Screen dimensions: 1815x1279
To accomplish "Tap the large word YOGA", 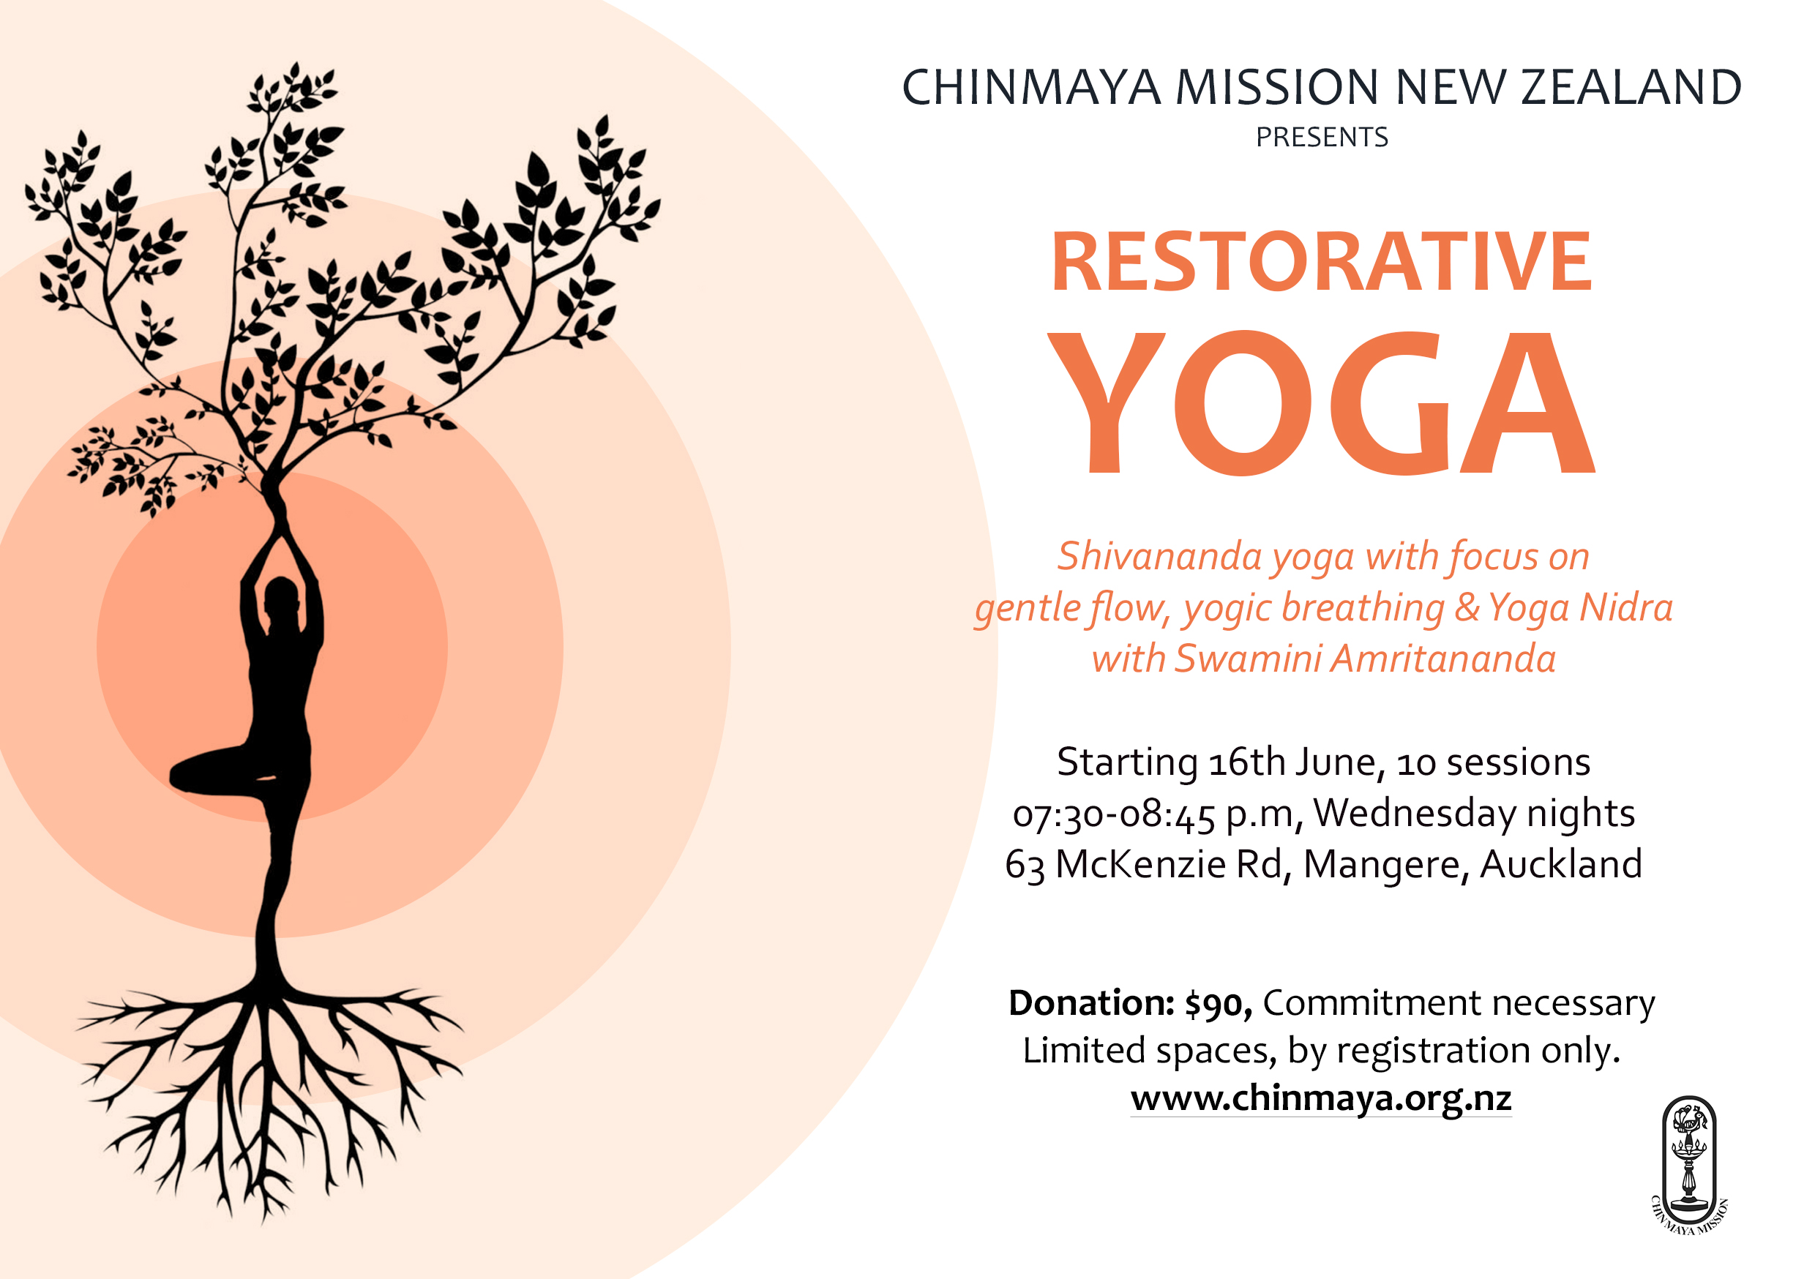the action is click(x=1321, y=403).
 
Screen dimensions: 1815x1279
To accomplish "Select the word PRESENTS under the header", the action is click(x=1322, y=138).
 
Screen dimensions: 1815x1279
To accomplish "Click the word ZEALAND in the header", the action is click(x=1631, y=87).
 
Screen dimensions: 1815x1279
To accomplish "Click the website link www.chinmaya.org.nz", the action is click(x=1321, y=1098).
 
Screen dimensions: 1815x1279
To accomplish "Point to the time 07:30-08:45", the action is click(x=1114, y=814).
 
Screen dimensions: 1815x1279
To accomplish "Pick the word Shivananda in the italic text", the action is click(x=1160, y=557).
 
